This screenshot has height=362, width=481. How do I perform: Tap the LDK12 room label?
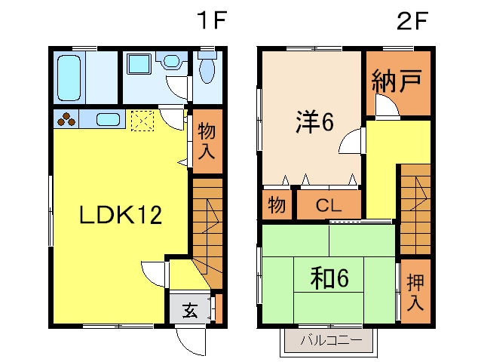click(x=121, y=216)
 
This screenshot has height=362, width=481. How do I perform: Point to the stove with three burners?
click(x=66, y=119)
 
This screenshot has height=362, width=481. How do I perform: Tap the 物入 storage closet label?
click(x=207, y=141)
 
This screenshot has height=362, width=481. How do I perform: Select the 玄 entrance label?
click(x=189, y=309)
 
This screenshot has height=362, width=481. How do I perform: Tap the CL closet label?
click(x=329, y=205)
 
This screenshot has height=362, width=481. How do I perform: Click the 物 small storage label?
click(x=277, y=205)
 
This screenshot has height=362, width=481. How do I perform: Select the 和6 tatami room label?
click(x=329, y=279)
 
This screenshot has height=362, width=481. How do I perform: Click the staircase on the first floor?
click(x=207, y=230)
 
